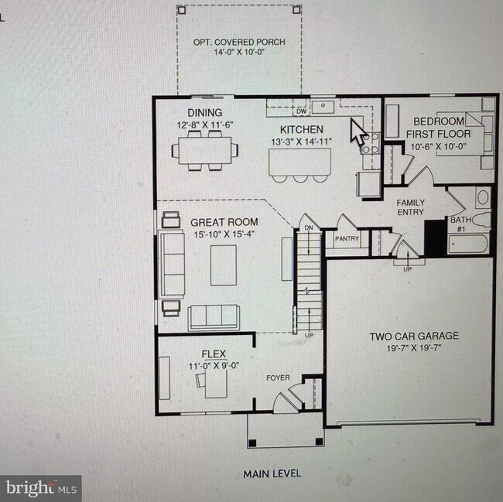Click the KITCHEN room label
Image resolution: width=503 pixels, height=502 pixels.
tap(302, 129)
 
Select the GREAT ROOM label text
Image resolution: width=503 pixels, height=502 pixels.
tap(224, 222)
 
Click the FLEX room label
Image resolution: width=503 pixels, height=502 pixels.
tap(214, 354)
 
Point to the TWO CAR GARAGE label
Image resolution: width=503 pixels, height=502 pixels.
tap(414, 336)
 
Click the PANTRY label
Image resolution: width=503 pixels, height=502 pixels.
tap(347, 239)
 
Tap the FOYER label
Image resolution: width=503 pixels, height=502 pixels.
tap(278, 378)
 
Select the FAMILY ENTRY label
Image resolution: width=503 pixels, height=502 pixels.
tap(411, 207)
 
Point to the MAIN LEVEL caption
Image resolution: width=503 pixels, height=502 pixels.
tap(272, 473)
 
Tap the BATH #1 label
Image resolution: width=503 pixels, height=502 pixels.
tap(460, 224)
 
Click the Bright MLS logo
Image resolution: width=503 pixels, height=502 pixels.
tap(43, 488)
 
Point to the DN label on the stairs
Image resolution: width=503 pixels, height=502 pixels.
tap(309, 228)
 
